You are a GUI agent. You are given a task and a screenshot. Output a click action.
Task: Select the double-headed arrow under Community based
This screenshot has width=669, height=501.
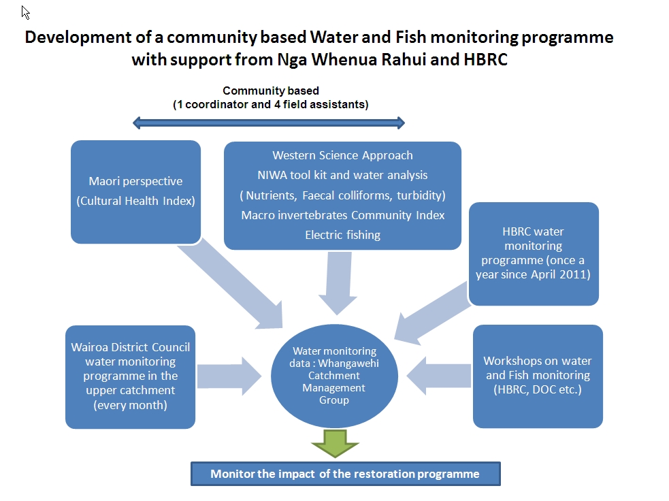(x=269, y=123)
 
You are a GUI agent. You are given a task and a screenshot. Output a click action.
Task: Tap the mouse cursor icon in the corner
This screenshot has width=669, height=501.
(x=26, y=12)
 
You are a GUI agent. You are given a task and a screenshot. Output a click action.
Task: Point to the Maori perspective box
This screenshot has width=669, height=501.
(x=135, y=191)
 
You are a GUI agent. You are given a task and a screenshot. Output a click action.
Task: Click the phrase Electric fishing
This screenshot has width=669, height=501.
(x=342, y=235)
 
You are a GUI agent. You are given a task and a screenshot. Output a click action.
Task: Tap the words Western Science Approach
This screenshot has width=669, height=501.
(x=342, y=156)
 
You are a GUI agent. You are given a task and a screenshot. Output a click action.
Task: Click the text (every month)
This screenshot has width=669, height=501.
(x=130, y=404)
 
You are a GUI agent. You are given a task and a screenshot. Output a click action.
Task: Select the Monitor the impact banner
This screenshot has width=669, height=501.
(x=345, y=474)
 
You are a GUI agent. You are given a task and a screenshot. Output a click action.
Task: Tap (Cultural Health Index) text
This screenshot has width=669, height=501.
(x=135, y=201)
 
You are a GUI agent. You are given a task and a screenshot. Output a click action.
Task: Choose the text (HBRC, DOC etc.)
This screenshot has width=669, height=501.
(x=537, y=389)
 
